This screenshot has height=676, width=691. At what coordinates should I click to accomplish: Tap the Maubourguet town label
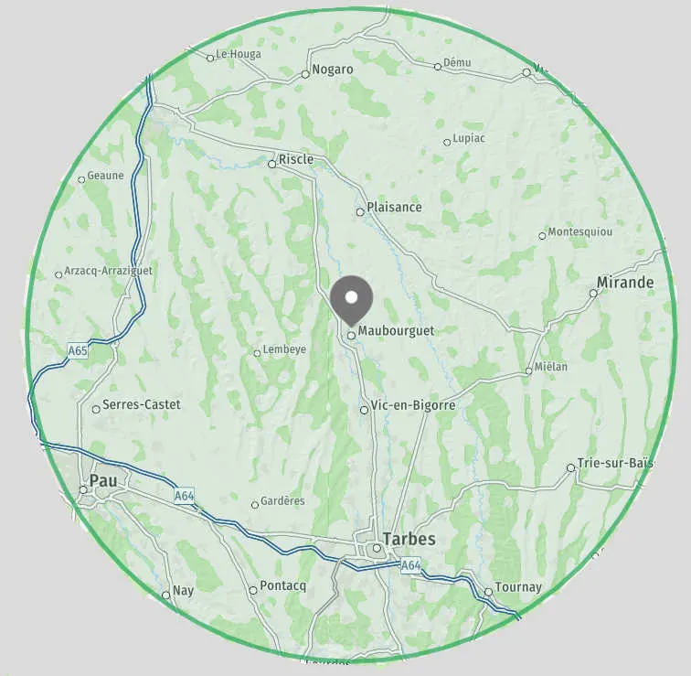click(396, 330)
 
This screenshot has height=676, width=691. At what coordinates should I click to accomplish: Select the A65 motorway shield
click(78, 350)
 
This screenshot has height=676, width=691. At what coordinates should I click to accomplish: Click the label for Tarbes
click(409, 539)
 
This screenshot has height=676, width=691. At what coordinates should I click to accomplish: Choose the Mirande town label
click(625, 283)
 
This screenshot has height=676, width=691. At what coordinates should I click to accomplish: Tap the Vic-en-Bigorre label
click(413, 405)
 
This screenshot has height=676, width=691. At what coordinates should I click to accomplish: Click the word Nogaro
click(332, 70)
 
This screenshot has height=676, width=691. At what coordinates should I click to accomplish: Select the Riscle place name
click(296, 159)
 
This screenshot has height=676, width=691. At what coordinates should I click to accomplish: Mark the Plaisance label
click(394, 207)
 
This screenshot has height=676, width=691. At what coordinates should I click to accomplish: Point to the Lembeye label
click(283, 349)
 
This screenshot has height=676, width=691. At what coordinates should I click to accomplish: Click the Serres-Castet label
click(142, 404)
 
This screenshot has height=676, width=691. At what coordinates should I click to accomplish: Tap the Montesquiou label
click(580, 232)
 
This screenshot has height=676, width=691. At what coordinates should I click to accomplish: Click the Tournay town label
click(517, 587)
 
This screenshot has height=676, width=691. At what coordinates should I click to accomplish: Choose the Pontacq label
click(282, 585)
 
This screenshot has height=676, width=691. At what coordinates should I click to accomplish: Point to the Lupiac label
click(469, 138)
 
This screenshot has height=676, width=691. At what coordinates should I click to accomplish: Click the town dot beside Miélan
click(528, 370)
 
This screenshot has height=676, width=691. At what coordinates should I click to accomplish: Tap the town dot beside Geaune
click(81, 179)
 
